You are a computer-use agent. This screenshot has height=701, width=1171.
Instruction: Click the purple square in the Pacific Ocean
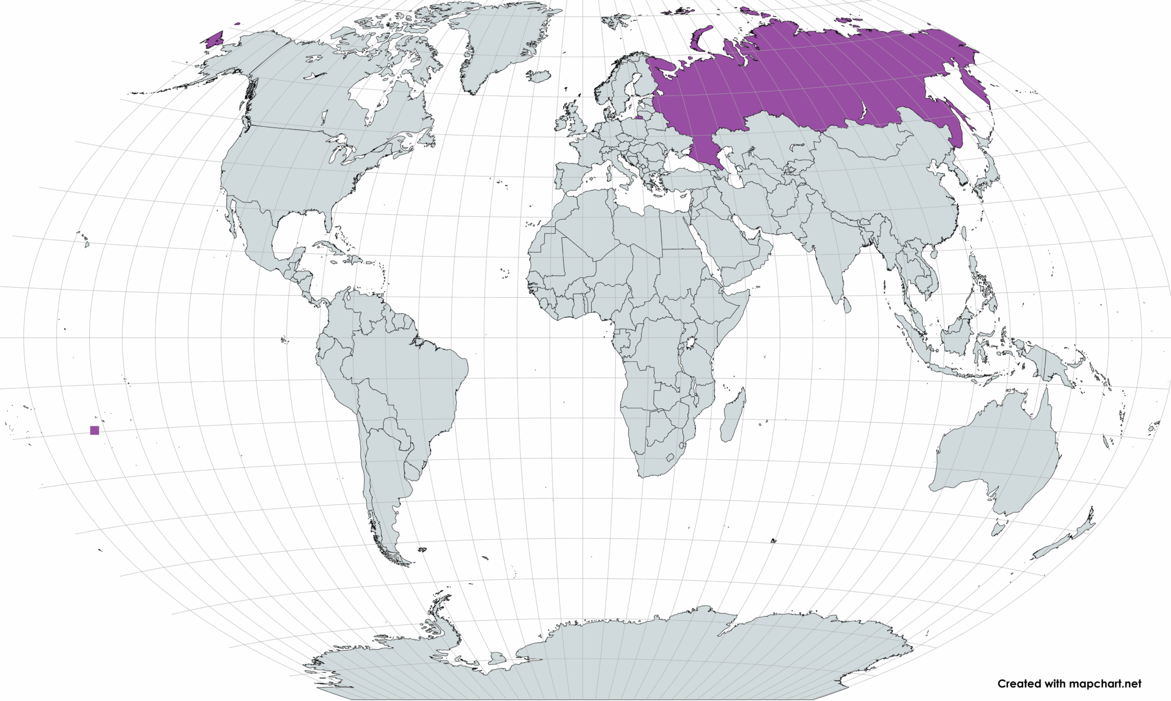click(94, 431)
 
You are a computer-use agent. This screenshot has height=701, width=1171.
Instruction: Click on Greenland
click(497, 46)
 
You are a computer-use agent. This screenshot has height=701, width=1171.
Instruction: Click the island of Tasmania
click(998, 528)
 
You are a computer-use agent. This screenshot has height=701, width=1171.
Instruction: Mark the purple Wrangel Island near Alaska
click(214, 39)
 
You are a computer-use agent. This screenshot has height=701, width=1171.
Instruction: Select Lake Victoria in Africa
click(690, 343)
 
